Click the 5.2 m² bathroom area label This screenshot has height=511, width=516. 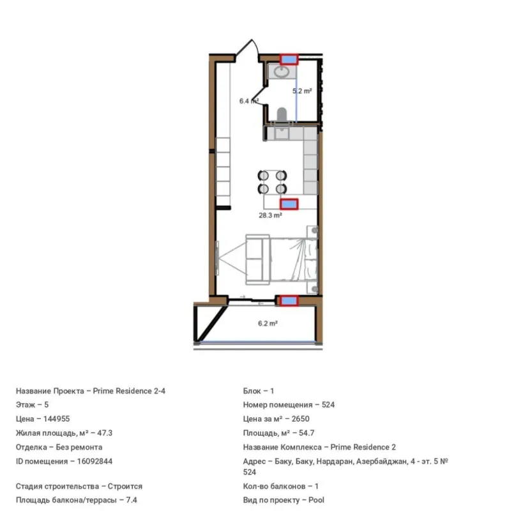pyautogui.click(x=301, y=91)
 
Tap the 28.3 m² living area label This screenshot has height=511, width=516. pyautogui.click(x=270, y=215)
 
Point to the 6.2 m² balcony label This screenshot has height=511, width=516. pyautogui.click(x=268, y=324)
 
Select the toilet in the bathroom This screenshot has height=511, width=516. pyautogui.click(x=283, y=115)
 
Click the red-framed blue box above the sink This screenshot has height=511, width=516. pyautogui.click(x=289, y=60)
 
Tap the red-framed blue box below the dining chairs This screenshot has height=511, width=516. pyautogui.click(x=289, y=204)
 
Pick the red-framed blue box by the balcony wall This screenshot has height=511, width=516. pyautogui.click(x=289, y=301)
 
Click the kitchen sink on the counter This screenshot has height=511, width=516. pyautogui.click(x=282, y=133)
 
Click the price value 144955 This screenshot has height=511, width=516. pyautogui.click(x=56, y=419)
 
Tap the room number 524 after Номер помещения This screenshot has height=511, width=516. pyautogui.click(x=328, y=405)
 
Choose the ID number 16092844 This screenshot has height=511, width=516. pyautogui.click(x=91, y=461)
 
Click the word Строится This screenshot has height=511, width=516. pyautogui.click(x=125, y=487)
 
